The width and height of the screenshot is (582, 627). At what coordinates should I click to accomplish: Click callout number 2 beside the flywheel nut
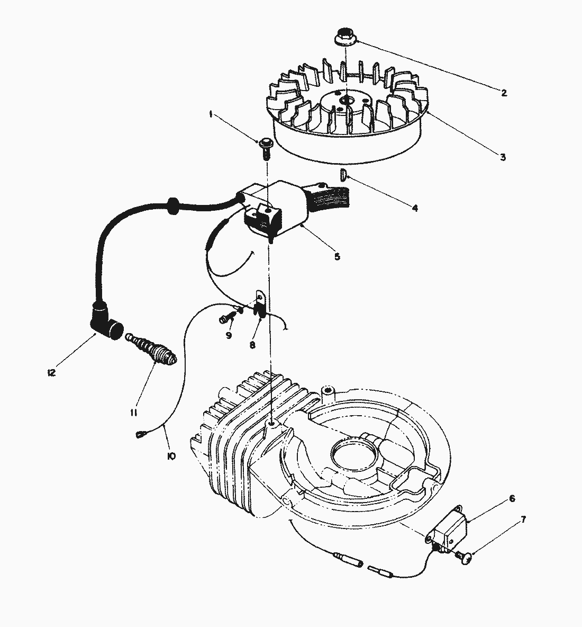504,93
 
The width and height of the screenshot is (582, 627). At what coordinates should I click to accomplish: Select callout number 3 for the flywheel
503,157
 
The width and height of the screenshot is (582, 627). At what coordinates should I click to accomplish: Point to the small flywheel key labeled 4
343,175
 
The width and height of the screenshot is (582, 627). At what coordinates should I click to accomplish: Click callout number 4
414,209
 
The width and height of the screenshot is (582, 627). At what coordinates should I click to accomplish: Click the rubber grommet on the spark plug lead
171,205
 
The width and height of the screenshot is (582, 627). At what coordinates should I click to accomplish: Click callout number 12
51,373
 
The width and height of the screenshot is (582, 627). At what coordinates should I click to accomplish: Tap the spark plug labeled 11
153,350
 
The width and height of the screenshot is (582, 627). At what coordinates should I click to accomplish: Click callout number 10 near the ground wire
171,455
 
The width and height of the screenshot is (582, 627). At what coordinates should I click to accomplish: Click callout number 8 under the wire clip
252,344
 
